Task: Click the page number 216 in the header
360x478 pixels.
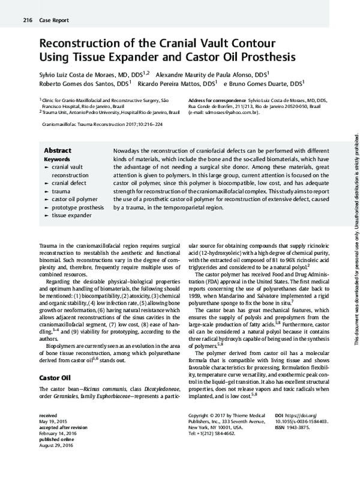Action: [x=27, y=21]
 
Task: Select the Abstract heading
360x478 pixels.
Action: [x=58, y=151]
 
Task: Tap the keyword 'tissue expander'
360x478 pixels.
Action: [x=71, y=214]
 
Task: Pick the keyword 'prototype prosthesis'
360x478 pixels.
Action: [x=77, y=206]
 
